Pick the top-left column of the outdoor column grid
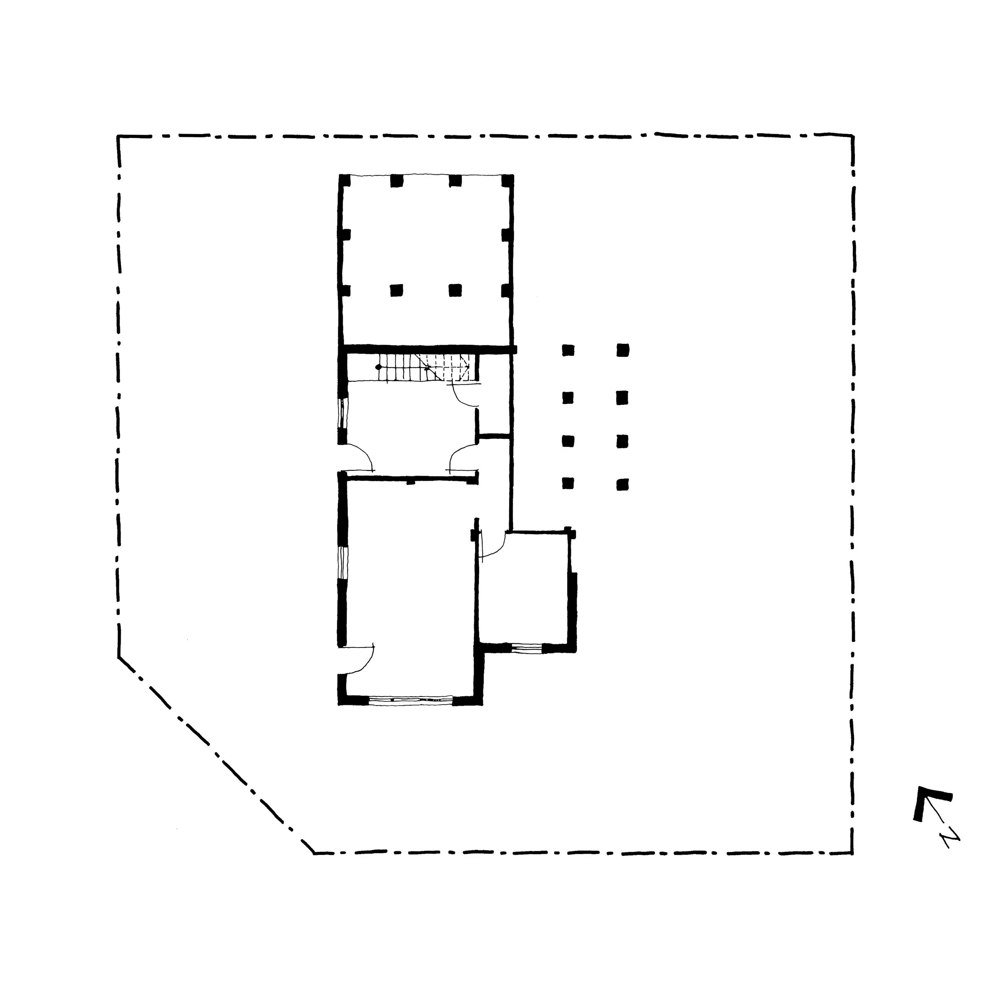tap(568, 350)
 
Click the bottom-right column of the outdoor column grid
tap(622, 484)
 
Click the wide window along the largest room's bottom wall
tap(410, 700)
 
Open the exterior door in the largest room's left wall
tap(358, 659)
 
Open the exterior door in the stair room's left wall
tap(358, 458)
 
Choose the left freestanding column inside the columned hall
tap(396, 291)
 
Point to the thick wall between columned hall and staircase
tap(427, 349)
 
